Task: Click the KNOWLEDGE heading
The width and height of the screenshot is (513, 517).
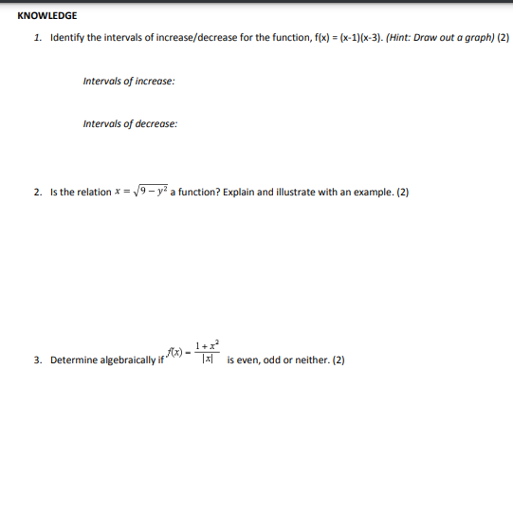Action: pos(47,16)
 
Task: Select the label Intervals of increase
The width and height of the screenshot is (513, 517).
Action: pos(128,81)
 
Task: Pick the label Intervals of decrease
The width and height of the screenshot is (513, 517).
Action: pos(130,123)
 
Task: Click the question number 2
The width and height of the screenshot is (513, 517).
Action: pos(36,193)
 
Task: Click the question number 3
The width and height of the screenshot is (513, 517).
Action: pos(36,360)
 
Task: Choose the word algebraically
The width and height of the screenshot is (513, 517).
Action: pos(123,360)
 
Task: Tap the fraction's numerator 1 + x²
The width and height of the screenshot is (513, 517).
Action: pos(207,345)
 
